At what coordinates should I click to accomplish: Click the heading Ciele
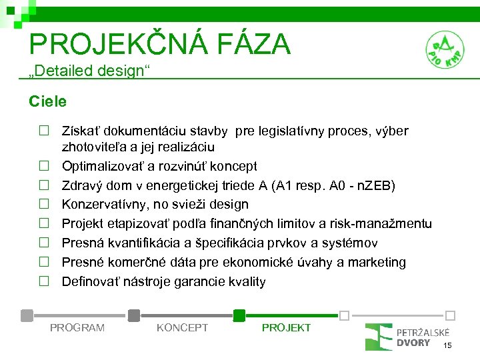(47, 101)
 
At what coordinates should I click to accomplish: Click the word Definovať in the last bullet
(89, 281)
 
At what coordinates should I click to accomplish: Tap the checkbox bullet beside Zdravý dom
(43, 185)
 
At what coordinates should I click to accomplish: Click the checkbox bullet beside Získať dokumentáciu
(43, 131)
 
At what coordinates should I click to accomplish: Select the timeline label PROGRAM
(77, 327)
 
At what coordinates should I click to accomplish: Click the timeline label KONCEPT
(182, 327)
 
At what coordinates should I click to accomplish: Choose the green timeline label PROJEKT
(286, 327)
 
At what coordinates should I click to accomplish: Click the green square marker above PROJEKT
(239, 315)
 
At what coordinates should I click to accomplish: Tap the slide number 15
(447, 345)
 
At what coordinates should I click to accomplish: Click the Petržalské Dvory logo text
(423, 337)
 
